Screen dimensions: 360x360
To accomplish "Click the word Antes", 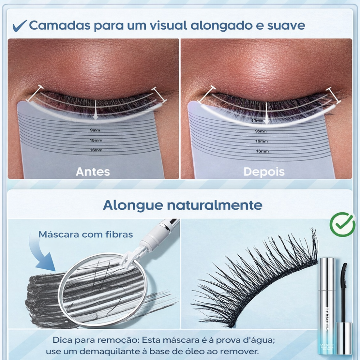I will tap(93, 171).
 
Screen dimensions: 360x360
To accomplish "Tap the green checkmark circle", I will tap(342, 224).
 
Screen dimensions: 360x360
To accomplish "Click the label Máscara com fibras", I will tap(86, 234).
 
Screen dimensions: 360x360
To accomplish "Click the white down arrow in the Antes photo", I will tap(95, 110).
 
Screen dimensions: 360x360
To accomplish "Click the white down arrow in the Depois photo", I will tap(266, 112).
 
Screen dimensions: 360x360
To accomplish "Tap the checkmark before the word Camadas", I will tap(19, 26).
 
